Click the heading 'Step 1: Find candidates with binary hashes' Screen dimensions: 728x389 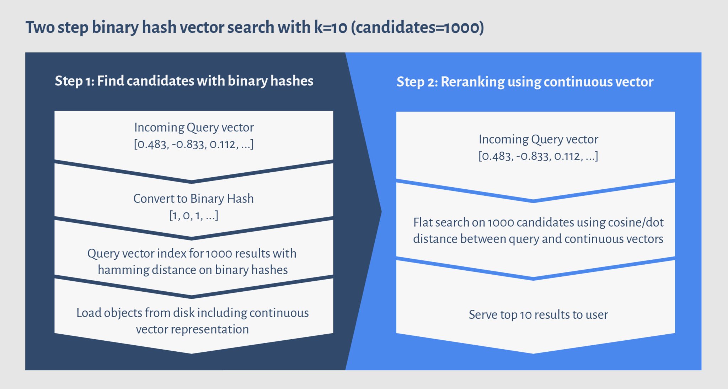184,81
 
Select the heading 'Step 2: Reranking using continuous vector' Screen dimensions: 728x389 525,82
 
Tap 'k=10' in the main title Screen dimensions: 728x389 331,27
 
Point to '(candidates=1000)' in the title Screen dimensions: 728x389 418,27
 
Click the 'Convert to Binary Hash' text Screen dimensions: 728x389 193,198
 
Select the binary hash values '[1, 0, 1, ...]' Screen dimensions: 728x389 194,215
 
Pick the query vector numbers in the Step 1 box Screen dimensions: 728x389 194,144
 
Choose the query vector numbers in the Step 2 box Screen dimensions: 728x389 538,156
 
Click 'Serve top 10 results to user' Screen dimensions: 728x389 538,315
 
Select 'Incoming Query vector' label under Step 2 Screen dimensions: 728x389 538,139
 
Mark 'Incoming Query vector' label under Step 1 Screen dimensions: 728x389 194,128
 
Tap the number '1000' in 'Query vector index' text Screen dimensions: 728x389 219,254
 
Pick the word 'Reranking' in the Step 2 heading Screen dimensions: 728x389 472,82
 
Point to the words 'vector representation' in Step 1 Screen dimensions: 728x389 192,329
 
